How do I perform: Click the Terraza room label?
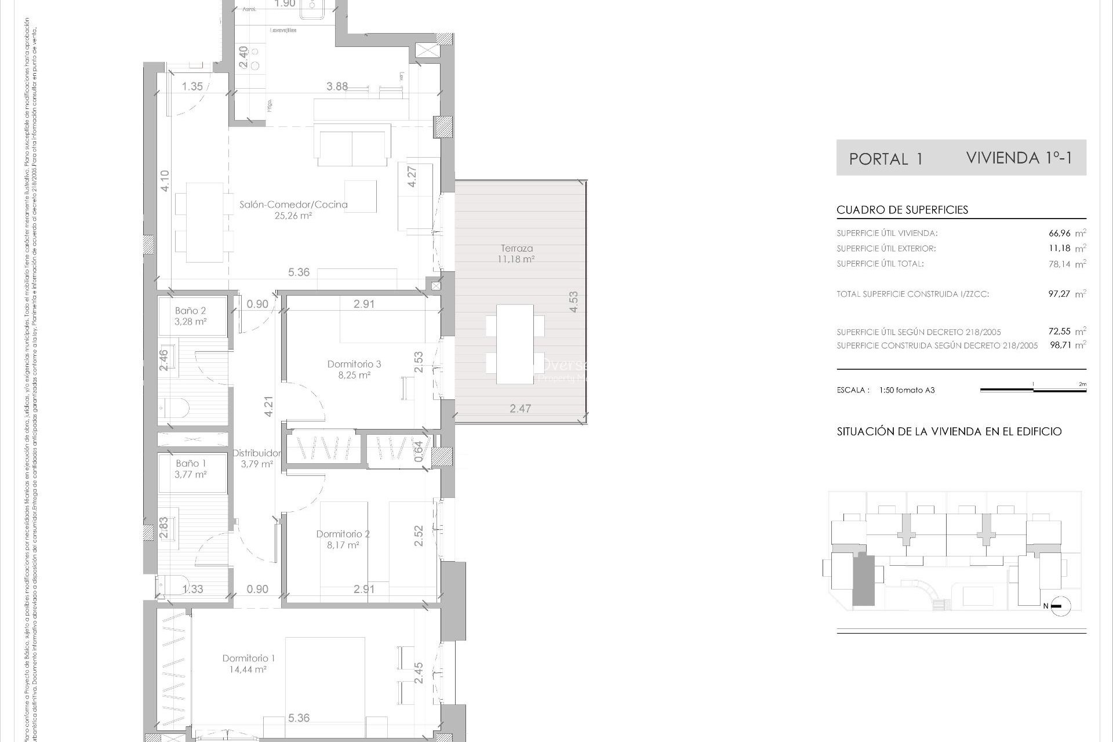pyautogui.click(x=517, y=249)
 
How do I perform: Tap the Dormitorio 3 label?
pyautogui.click(x=354, y=365)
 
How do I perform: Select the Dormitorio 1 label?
pyautogui.click(x=248, y=659)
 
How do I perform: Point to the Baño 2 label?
pyautogui.click(x=191, y=311)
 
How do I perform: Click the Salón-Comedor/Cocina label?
pyautogui.click(x=293, y=205)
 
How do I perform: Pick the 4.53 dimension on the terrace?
pyautogui.click(x=573, y=302)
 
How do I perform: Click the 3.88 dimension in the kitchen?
pyautogui.click(x=337, y=87)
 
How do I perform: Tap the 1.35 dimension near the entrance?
pyautogui.click(x=192, y=87)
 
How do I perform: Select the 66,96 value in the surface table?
pyautogui.click(x=1059, y=234)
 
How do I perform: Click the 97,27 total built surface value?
pyautogui.click(x=1059, y=294)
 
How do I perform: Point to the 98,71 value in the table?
pyautogui.click(x=1059, y=345)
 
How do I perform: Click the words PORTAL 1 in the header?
pyautogui.click(x=885, y=159)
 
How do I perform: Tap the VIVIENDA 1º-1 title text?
pyautogui.click(x=1019, y=158)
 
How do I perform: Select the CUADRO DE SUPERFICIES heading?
pyautogui.click(x=902, y=210)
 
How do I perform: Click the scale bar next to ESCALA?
pyautogui.click(x=1033, y=390)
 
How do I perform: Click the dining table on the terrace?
pyautogui.click(x=515, y=344)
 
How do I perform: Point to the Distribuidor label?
pyautogui.click(x=256, y=453)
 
